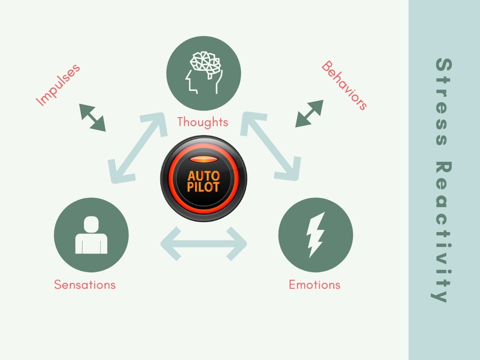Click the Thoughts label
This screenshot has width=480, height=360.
202,122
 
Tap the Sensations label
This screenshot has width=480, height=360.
84,284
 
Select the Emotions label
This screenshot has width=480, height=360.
315,284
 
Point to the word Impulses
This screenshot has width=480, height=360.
59,84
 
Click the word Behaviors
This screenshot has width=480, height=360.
344,85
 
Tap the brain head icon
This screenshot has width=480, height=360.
204,72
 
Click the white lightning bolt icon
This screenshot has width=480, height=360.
315,234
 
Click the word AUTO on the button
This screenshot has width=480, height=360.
203,176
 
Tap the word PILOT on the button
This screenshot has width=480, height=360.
203,187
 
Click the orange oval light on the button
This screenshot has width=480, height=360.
203,159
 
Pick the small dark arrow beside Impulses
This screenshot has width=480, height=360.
92,118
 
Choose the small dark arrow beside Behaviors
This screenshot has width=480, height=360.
309,113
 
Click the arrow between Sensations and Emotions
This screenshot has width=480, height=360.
203,244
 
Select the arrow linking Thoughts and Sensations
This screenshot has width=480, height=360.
137,148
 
